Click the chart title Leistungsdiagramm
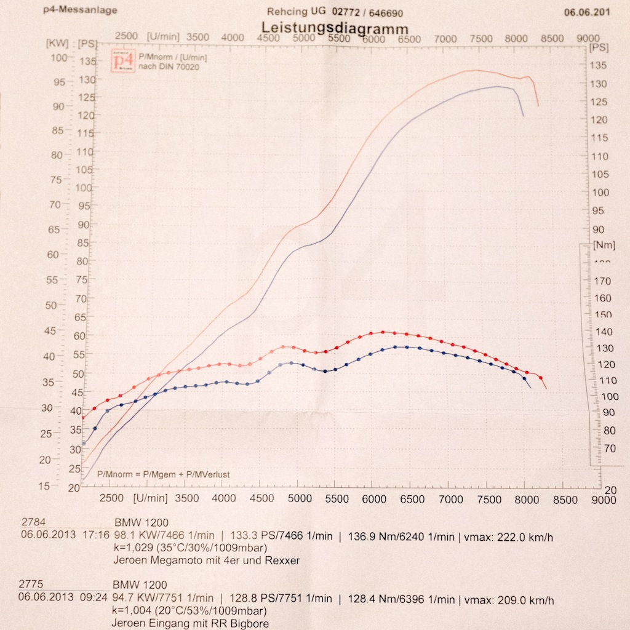[x=335, y=28]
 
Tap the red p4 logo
[x=122, y=62]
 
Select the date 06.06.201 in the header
[x=587, y=12]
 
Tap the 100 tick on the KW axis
[x=59, y=58]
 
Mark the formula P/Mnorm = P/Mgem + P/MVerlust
[x=164, y=475]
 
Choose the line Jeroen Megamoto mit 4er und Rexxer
[x=206, y=560]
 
